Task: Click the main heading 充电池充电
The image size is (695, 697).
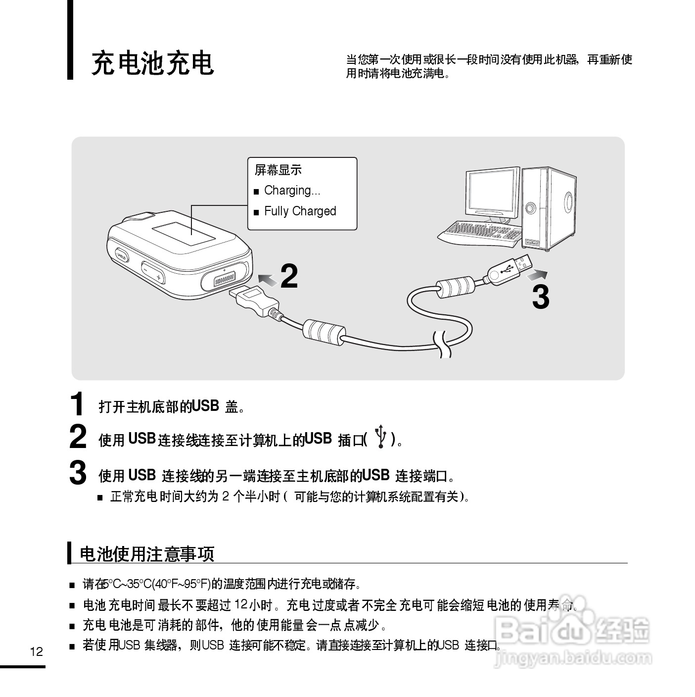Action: (x=152, y=63)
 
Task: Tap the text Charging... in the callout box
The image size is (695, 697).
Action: (x=292, y=190)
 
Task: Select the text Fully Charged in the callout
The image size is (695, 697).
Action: (x=300, y=211)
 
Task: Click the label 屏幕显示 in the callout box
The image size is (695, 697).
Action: (x=278, y=170)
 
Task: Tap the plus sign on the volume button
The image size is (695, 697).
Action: (x=158, y=277)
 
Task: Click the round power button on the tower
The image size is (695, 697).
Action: (x=530, y=207)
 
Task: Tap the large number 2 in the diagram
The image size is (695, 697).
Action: (x=289, y=276)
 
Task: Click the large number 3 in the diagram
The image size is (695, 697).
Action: (x=541, y=297)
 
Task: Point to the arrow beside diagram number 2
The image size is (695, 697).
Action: (x=268, y=280)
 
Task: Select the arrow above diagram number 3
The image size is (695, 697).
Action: (x=537, y=276)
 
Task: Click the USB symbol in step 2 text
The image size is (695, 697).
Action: (x=380, y=436)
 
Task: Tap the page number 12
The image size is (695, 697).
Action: (x=37, y=651)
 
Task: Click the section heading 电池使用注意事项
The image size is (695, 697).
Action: (x=147, y=554)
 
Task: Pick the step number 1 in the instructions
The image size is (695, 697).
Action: (x=77, y=403)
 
